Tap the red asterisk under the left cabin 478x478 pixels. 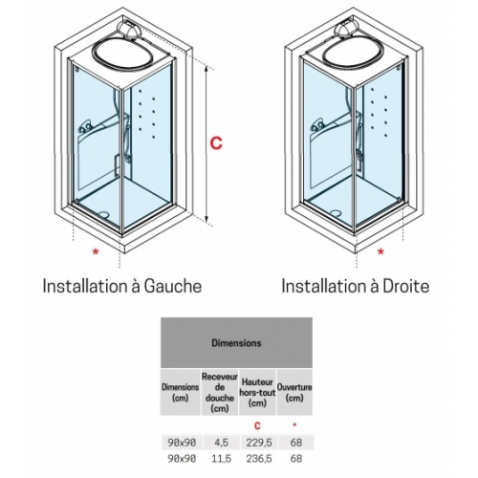tap(94, 252)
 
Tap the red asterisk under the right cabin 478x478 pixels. tap(381, 252)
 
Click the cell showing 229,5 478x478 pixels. tap(256, 441)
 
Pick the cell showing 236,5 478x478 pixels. tap(256, 459)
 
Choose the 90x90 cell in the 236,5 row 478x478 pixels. tap(180, 459)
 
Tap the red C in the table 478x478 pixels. tap(256, 423)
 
